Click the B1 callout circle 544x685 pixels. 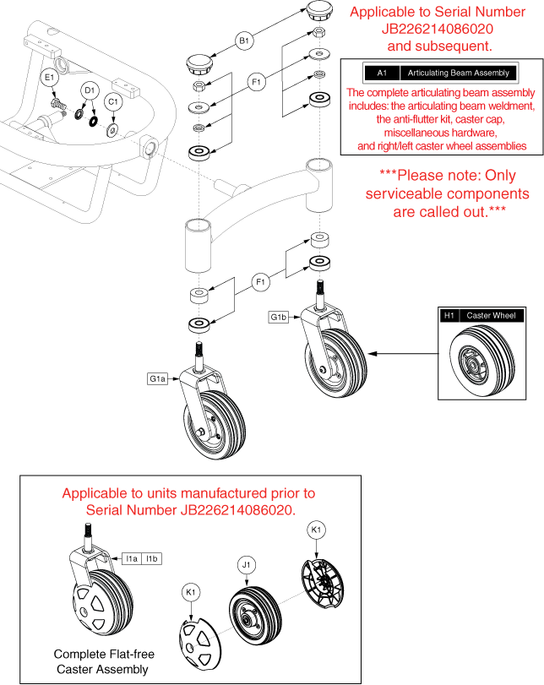pyautogui.click(x=245, y=40)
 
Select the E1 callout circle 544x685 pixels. pyautogui.click(x=50, y=78)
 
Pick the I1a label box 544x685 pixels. pyautogui.click(x=131, y=558)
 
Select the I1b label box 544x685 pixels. pyautogui.click(x=151, y=558)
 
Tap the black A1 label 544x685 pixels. pyautogui.click(x=381, y=73)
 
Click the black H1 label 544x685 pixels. pyautogui.click(x=449, y=315)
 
